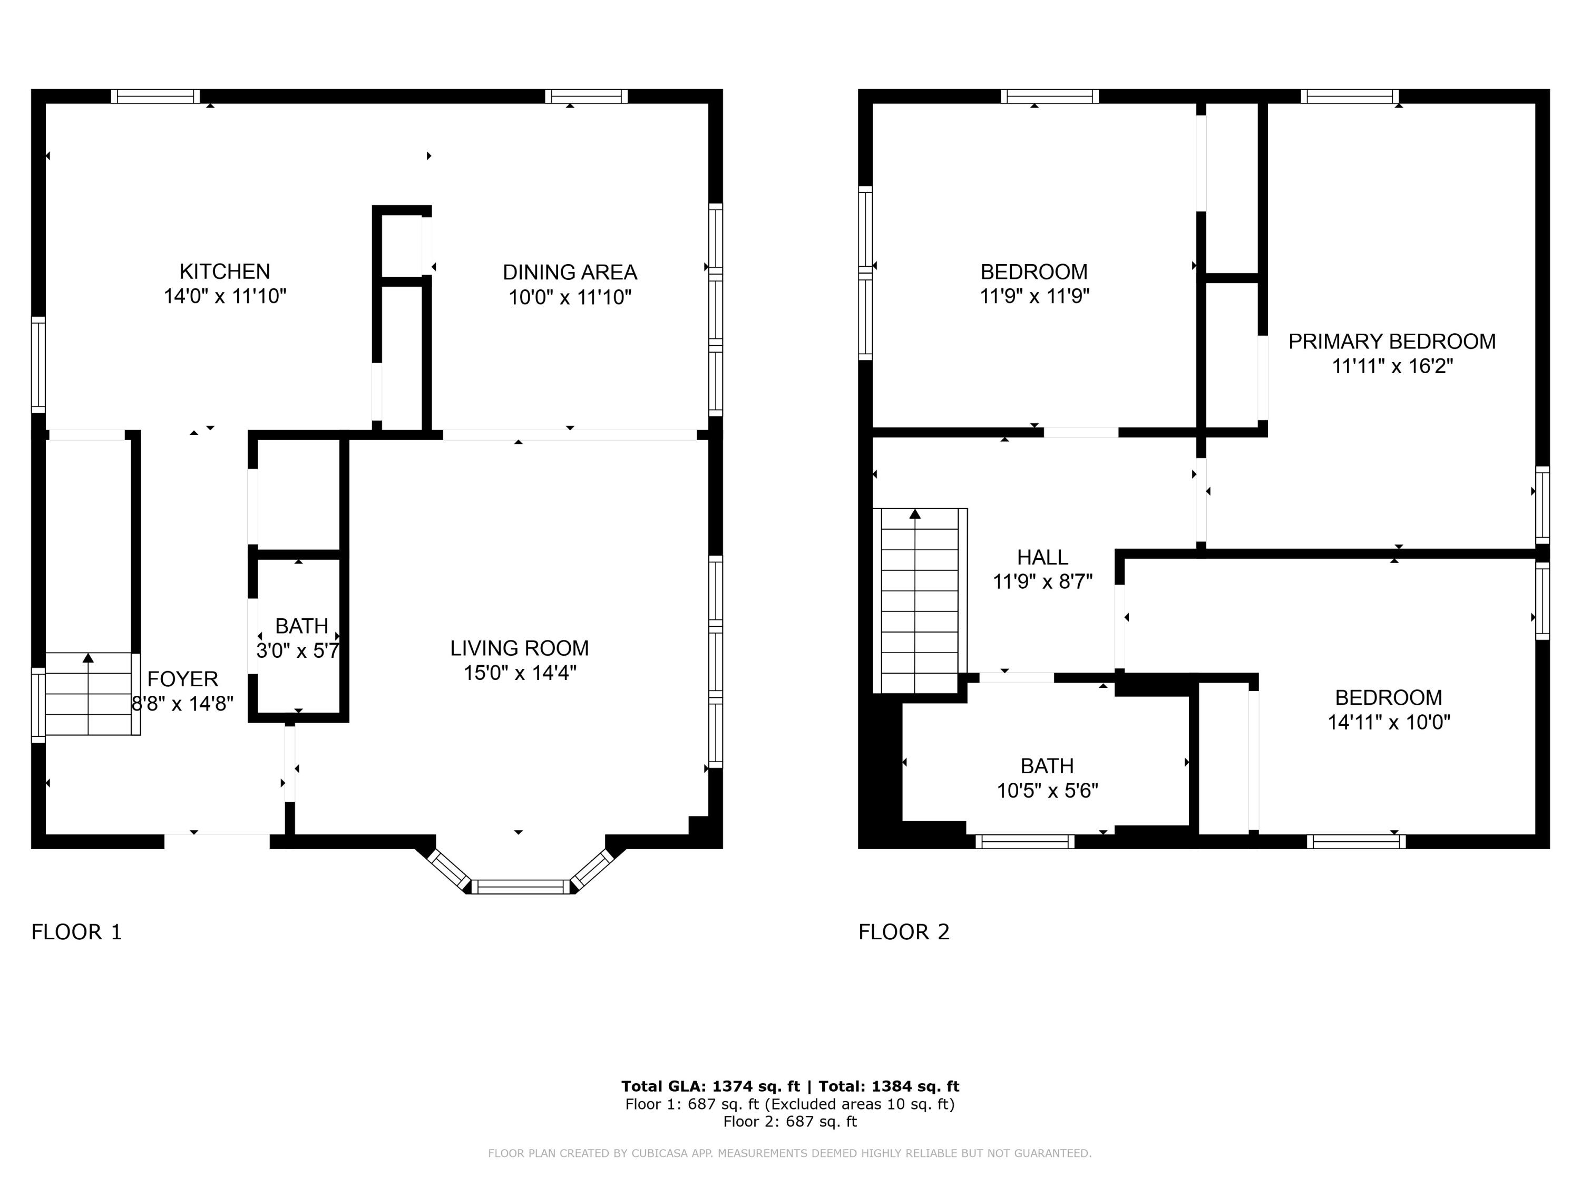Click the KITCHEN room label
click(x=225, y=271)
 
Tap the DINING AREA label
click(x=570, y=273)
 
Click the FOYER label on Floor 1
click(x=182, y=678)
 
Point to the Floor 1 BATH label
click(x=301, y=626)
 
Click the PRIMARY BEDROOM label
click(x=1392, y=342)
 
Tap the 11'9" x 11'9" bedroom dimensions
click(x=1034, y=296)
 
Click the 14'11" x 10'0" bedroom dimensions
click(x=1389, y=722)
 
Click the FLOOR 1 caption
click(x=76, y=932)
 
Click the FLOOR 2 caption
click(x=903, y=932)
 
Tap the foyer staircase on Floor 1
click(x=89, y=694)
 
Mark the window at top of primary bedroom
click(x=1350, y=96)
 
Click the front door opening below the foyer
click(x=217, y=841)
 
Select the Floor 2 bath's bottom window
click(x=1024, y=841)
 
